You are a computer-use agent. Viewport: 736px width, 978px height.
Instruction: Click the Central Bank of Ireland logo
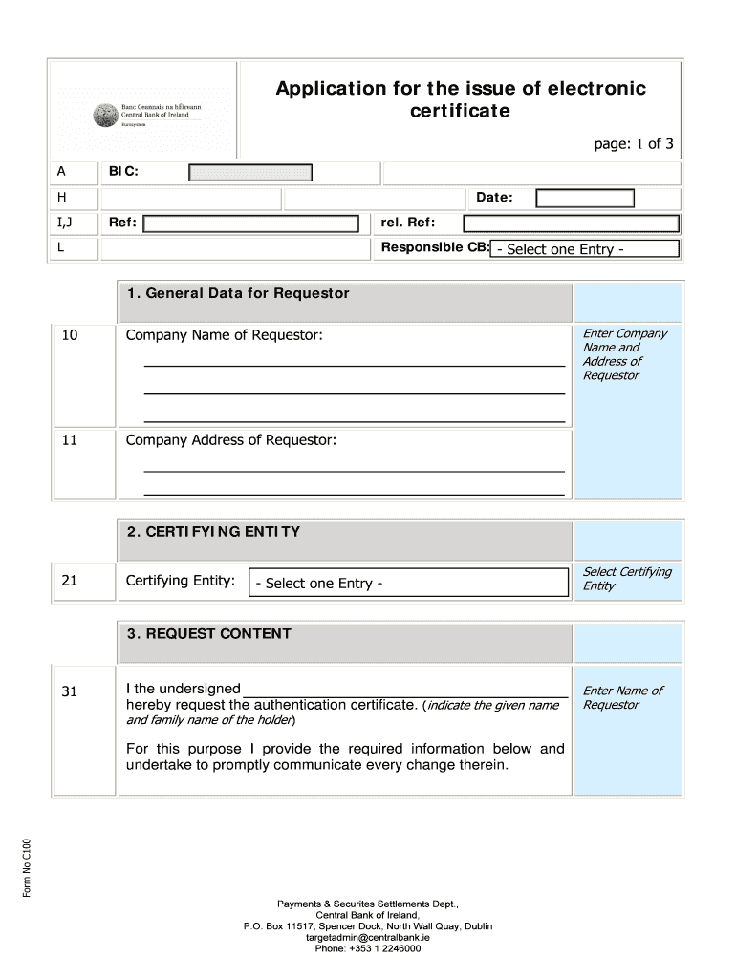[x=103, y=116]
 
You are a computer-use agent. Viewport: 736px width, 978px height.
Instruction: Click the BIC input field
[x=250, y=173]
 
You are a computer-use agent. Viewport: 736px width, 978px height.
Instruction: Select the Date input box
[x=584, y=198]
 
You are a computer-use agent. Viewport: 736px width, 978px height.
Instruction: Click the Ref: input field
[x=251, y=223]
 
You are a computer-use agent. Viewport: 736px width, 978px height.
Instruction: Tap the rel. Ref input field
[x=571, y=223]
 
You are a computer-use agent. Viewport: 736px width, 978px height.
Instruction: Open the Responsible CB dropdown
[x=585, y=249]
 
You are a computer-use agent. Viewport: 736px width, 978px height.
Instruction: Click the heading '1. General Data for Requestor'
[x=238, y=293]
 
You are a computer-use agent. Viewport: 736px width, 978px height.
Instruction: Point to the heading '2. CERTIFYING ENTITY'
[x=213, y=532]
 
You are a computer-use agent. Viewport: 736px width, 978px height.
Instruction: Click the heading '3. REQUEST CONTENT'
[x=208, y=634]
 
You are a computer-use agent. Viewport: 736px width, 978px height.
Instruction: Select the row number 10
[x=70, y=335]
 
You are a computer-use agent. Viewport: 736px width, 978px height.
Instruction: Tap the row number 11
[x=70, y=440]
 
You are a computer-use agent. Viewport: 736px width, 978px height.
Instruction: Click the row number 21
[x=70, y=581]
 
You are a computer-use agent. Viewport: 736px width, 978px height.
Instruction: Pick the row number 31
[x=70, y=691]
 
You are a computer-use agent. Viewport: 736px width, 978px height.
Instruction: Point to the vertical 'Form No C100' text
[x=28, y=867]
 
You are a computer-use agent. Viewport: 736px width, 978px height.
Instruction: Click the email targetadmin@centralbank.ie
[x=368, y=938]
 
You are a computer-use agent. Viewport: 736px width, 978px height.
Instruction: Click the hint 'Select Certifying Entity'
[x=627, y=579]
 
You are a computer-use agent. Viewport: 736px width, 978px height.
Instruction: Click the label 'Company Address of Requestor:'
[x=231, y=440]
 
